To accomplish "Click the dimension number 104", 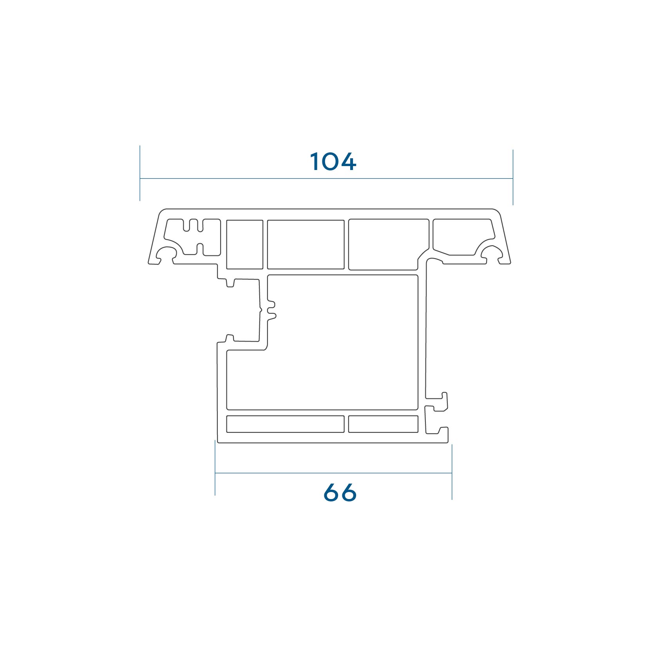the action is click(x=333, y=161).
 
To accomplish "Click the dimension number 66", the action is click(x=340, y=492).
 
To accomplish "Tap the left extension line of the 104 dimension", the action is click(x=140, y=173).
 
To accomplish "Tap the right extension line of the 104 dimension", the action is click(x=513, y=177).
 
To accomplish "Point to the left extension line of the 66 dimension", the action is click(x=215, y=468).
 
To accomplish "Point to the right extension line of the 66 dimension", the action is click(x=452, y=472).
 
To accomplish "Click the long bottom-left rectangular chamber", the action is click(x=285, y=424).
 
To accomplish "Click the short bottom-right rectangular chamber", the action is click(x=383, y=424).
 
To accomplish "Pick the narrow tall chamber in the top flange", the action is click(x=245, y=244).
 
